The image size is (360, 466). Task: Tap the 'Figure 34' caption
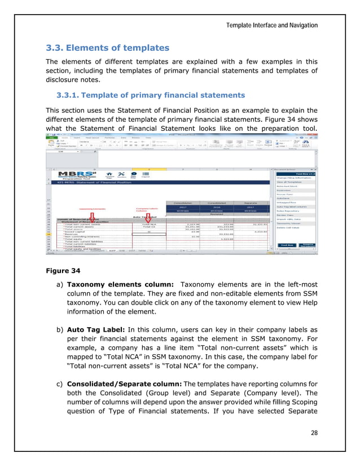(63, 270)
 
